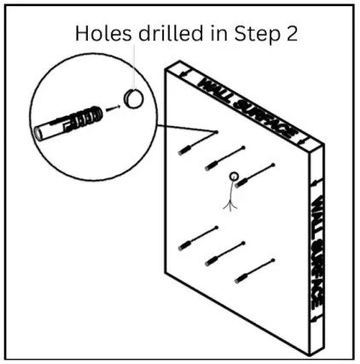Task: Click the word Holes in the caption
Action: (x=103, y=33)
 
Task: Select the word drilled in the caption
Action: (x=171, y=33)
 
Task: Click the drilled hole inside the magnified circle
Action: (x=133, y=98)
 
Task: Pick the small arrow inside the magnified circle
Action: (x=113, y=108)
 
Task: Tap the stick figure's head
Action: (x=234, y=176)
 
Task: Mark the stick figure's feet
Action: (x=230, y=207)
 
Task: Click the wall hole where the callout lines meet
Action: (x=217, y=132)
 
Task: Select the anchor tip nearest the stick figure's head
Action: (x=241, y=182)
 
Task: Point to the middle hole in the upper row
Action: (x=243, y=147)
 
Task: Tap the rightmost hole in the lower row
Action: (x=273, y=260)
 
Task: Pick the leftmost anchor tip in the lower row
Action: (x=184, y=246)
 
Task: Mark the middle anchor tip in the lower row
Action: (x=212, y=261)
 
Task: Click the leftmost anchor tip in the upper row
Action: (x=184, y=150)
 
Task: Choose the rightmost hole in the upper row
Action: (x=273, y=165)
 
